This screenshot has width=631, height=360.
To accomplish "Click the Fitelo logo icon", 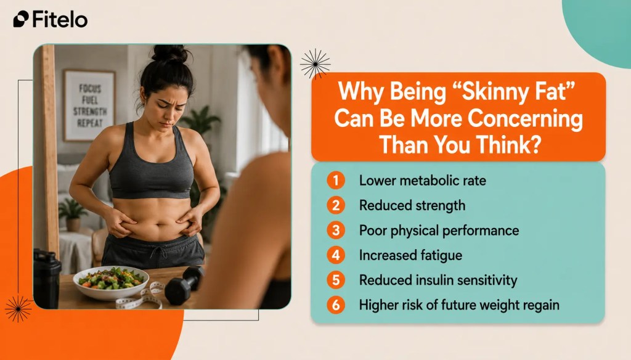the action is (21, 19).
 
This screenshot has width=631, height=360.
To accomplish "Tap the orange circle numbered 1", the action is (336, 180).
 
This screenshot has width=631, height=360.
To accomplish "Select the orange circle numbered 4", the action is (336, 255).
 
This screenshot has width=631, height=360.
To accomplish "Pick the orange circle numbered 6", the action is (336, 305).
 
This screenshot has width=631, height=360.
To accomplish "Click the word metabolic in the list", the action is (429, 180).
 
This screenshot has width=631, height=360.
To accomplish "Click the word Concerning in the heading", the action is (525, 118).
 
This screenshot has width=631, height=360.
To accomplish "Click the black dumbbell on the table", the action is (184, 284).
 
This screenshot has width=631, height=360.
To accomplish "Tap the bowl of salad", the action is (111, 282).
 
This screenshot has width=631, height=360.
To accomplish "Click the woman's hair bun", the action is (170, 54).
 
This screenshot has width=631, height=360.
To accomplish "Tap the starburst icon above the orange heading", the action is (315, 63).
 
